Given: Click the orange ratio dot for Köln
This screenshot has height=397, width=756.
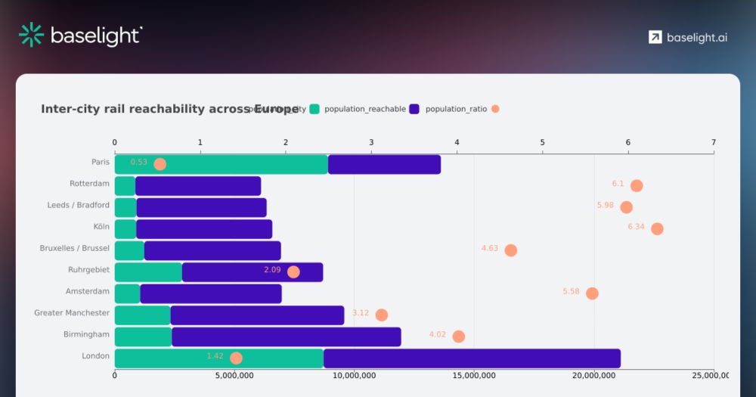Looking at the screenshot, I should click(x=657, y=228).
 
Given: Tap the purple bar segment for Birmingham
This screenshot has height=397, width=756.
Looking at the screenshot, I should click(x=286, y=337).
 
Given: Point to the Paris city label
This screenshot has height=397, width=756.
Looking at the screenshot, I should click(x=100, y=162).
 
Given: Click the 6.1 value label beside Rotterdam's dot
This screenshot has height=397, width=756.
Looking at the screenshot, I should click(x=618, y=184).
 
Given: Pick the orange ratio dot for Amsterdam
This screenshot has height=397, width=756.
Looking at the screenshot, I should click(x=592, y=293).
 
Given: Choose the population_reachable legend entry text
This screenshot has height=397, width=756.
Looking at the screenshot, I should click(x=365, y=109).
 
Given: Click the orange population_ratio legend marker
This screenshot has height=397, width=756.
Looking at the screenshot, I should click(x=495, y=109).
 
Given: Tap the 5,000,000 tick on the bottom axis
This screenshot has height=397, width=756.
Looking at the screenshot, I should click(x=234, y=375).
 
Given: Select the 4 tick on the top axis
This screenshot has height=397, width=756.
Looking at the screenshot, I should click(x=457, y=142).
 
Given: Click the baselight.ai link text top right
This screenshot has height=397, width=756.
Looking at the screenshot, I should click(x=697, y=38).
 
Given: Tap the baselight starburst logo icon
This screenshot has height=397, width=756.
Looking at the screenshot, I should click(x=31, y=35).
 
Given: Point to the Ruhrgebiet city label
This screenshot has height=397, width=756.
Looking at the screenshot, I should click(x=88, y=269).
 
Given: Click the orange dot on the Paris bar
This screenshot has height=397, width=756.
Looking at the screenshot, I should click(x=160, y=164).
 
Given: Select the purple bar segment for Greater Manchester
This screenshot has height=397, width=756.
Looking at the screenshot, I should click(x=257, y=315).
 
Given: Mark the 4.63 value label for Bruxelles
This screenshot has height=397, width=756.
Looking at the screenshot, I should click(x=490, y=248).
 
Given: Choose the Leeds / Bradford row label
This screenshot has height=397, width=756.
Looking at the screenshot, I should click(x=78, y=205).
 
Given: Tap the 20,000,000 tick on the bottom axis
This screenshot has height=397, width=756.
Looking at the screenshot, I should click(x=594, y=375).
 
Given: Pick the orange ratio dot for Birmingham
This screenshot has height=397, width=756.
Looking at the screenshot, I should click(x=458, y=337).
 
